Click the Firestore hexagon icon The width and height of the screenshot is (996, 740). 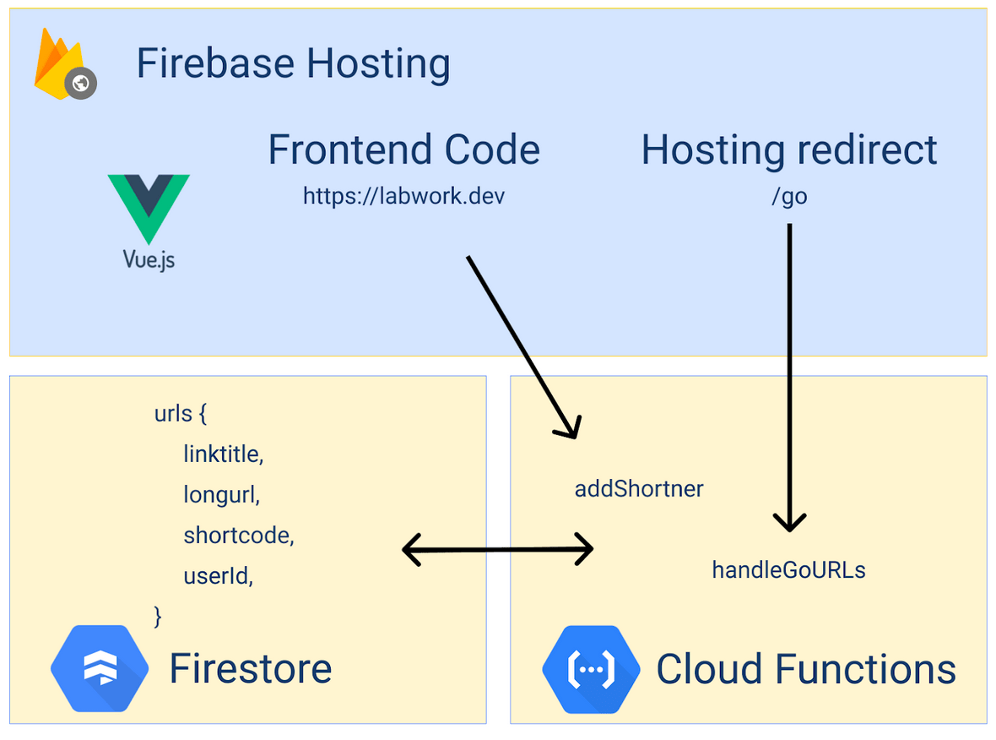click(x=100, y=669)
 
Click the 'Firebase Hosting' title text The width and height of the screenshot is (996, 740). click(x=293, y=64)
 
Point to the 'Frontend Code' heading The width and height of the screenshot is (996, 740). click(x=403, y=150)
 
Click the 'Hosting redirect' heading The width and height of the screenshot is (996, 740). click(x=788, y=150)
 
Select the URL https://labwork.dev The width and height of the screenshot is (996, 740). click(x=403, y=197)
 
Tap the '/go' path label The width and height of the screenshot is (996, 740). click(x=788, y=197)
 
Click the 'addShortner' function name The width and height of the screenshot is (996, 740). click(x=639, y=488)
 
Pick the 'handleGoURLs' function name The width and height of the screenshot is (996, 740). click(x=788, y=570)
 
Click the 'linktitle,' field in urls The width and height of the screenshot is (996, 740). click(x=224, y=454)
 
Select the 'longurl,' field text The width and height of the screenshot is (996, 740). click(x=221, y=495)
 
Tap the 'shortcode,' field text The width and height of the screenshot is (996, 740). click(x=238, y=536)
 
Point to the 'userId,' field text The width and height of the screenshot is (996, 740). click(x=218, y=576)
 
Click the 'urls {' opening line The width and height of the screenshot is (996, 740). click(x=180, y=414)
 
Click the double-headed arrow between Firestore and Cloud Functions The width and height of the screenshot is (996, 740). click(x=498, y=549)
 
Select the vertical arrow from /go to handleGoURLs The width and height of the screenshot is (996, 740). click(x=789, y=372)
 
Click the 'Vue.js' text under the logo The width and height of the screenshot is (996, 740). click(x=149, y=258)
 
